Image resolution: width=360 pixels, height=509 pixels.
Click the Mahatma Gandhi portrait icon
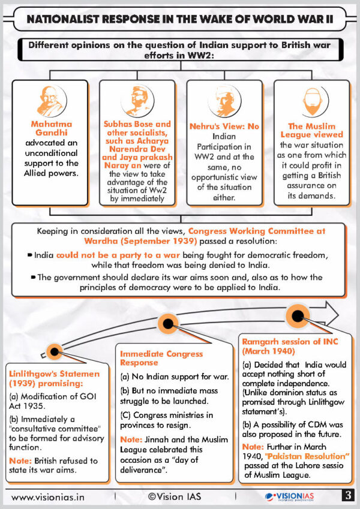point(52,101)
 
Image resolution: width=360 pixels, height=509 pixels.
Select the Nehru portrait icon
point(224,101)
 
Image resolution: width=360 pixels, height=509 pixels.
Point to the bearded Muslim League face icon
point(312,101)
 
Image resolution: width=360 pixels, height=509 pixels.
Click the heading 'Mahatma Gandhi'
point(52,128)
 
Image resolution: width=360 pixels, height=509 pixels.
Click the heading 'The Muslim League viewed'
point(311,131)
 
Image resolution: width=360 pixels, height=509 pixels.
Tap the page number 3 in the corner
point(348,495)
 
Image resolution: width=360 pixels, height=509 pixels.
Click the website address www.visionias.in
point(48,497)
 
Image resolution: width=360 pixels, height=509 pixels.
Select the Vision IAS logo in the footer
point(289,496)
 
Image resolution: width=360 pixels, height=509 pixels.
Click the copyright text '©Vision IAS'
point(175,496)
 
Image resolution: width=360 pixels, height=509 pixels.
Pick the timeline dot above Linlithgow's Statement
point(55,351)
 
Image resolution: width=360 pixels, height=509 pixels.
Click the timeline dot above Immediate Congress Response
point(168,323)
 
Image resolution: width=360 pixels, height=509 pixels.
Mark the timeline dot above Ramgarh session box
point(298,315)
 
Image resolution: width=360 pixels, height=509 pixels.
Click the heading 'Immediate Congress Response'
point(161,358)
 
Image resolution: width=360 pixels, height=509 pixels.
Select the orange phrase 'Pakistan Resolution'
point(307,456)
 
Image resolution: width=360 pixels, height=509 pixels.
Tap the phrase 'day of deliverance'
point(159,465)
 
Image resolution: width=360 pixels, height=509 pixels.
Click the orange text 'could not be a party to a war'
point(118,255)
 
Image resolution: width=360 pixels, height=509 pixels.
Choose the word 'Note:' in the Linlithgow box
point(20,460)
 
